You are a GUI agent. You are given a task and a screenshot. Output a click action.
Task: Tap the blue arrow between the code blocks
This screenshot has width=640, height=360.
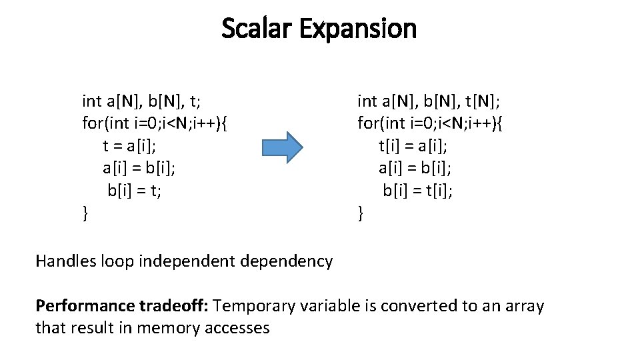tap(282, 147)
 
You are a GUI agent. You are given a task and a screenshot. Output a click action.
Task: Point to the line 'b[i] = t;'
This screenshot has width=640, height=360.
tap(135, 191)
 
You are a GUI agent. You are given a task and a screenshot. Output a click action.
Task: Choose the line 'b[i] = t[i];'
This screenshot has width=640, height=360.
tap(418, 191)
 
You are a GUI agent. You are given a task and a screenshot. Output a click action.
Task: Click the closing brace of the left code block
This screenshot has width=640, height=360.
tap(85, 214)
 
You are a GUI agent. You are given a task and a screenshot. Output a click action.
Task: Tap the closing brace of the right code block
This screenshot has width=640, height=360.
tap(361, 214)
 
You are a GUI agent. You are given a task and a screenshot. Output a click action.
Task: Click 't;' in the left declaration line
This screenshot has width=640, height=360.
tap(197, 101)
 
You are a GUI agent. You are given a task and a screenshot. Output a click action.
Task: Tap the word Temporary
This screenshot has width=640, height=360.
tap(258, 306)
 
